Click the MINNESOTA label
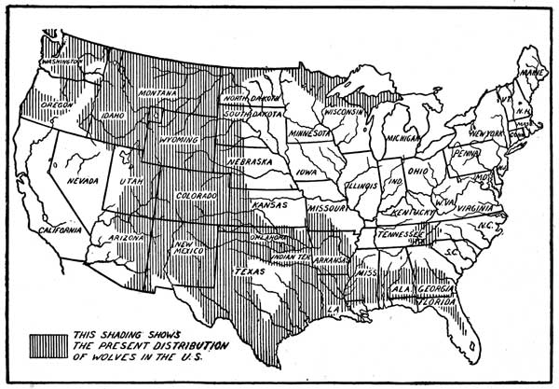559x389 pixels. [x=308, y=132]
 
